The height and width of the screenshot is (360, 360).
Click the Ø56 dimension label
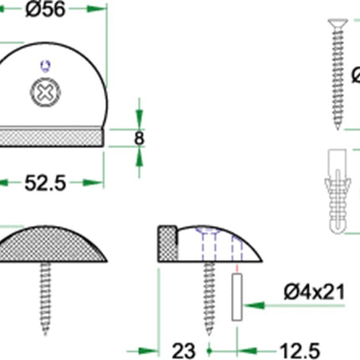pos(45,9)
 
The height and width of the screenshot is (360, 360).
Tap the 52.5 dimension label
pos(45,183)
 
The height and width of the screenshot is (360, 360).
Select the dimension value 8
pos(139,138)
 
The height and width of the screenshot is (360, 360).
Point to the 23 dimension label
pos(183,351)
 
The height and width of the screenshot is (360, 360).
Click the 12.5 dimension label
pos(300,351)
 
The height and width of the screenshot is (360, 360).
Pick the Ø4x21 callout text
pos(314,292)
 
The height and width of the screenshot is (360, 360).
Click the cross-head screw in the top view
pos(45,92)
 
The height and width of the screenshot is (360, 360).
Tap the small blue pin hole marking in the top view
pos(45,66)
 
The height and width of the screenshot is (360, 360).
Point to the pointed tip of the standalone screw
pos(338,128)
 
